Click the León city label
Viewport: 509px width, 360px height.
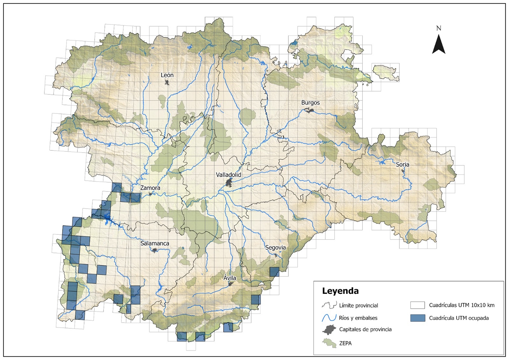click(167, 75)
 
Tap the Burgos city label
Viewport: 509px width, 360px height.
click(310, 103)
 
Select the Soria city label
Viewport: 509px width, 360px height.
click(402, 164)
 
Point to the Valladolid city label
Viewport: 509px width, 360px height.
click(228, 175)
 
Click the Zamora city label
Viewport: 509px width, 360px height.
click(150, 188)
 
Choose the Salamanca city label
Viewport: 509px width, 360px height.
click(155, 244)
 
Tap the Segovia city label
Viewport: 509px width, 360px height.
click(275, 248)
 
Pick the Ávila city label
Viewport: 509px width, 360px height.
click(230, 278)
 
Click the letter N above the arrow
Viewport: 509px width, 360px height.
click(438, 28)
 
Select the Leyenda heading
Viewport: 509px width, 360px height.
click(340, 291)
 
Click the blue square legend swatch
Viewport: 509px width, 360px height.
click(417, 318)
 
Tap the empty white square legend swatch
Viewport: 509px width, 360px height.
click(417, 305)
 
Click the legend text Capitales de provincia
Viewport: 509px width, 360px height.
click(365, 329)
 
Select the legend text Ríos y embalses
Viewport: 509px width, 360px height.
click(358, 318)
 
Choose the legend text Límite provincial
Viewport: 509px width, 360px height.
click(358, 305)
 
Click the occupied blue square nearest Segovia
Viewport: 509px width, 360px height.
click(274, 272)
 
